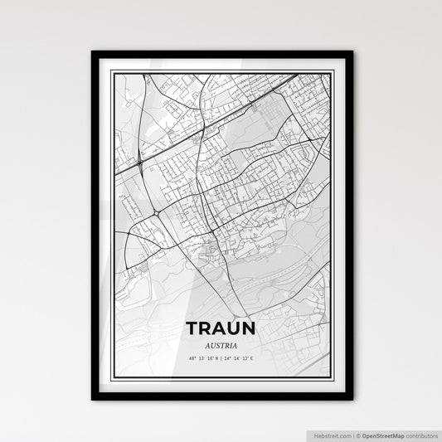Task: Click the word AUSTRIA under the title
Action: (221, 345)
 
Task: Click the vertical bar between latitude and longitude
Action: (221, 359)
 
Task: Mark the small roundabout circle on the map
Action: (156, 213)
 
